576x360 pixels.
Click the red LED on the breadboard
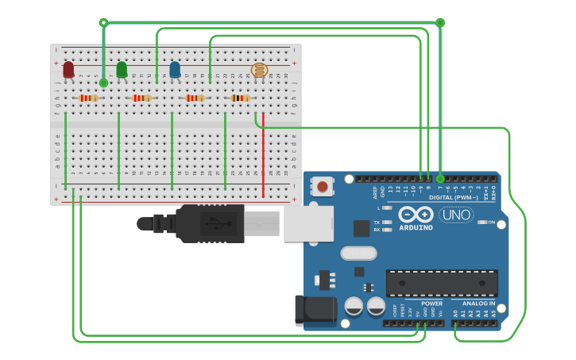coord(68,70)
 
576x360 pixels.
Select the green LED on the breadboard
coord(122,70)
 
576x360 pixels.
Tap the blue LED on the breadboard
coord(175,70)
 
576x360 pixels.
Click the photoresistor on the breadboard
coord(259,71)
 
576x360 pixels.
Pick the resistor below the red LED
coord(88,98)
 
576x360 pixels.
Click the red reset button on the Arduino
coord(322,187)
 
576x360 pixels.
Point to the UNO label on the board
coord(456,215)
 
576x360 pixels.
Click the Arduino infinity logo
coord(416,215)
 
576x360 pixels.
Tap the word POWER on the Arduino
coord(431,304)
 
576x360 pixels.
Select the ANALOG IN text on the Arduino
coord(478,304)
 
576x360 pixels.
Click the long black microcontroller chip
coord(442,282)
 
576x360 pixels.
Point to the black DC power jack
coord(314,311)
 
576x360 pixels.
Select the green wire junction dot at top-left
coord(103,22)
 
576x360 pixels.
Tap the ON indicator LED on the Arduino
coord(481,222)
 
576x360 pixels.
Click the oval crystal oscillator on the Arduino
coord(358,254)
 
